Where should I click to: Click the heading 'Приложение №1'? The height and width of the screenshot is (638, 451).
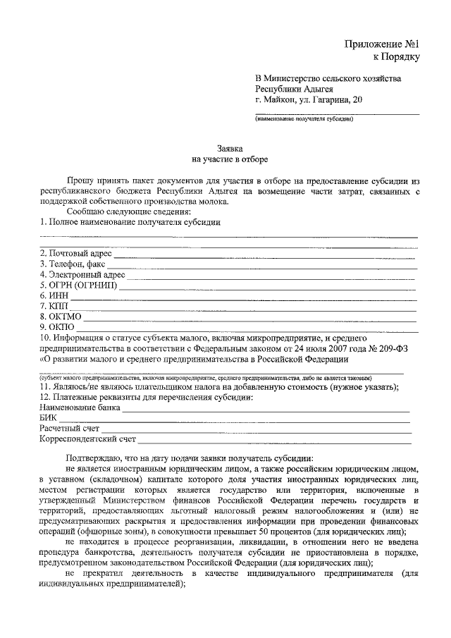coord(385,44)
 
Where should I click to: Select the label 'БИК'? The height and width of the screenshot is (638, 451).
coord(49,418)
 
